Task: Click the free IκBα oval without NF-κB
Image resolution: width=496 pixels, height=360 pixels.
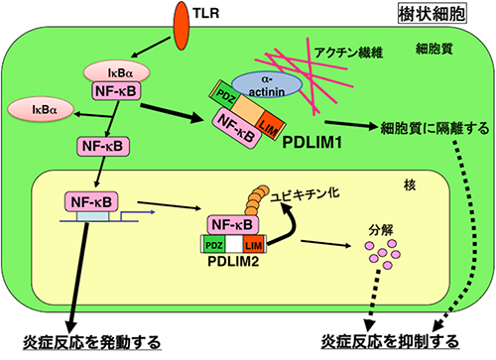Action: pos(33,105)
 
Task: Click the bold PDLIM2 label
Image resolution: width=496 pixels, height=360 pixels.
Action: pos(230,262)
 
